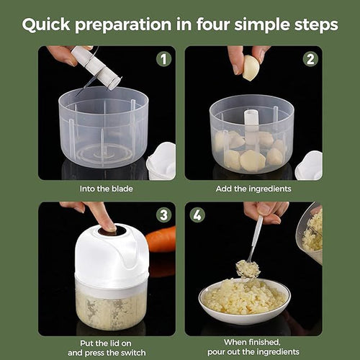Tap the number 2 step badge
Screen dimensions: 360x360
[310, 59]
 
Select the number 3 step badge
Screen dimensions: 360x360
[163, 215]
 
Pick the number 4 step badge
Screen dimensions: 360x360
[197, 215]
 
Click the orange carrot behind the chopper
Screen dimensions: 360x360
[161, 240]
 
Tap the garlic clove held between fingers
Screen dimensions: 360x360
[251, 68]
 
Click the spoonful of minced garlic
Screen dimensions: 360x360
[248, 269]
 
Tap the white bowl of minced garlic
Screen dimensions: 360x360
[244, 299]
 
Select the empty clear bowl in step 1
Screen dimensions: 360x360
[104, 130]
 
